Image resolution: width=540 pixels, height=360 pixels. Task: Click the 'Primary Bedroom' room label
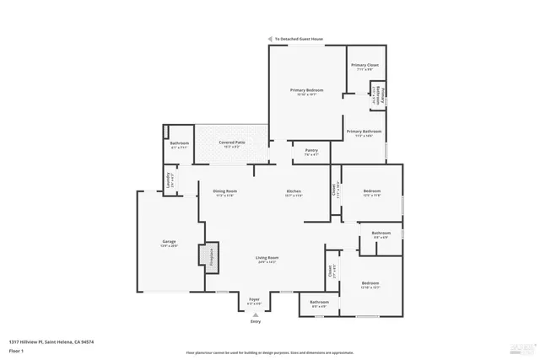(307, 89)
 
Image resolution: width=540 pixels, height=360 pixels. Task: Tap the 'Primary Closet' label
(364, 65)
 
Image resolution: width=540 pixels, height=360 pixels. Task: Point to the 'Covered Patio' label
(232, 142)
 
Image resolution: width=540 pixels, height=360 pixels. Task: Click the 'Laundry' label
(169, 180)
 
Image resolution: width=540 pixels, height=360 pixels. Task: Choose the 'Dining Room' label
(224, 191)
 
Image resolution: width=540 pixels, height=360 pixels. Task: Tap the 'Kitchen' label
(294, 191)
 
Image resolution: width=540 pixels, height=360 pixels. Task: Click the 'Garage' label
(169, 242)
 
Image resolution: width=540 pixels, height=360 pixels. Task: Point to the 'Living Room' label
(267, 258)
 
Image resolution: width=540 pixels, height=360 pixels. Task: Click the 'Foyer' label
(254, 298)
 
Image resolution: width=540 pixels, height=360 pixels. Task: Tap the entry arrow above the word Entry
(256, 314)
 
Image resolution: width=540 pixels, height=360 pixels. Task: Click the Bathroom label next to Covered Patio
(179, 143)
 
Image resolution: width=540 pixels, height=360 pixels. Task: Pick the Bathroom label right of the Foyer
(319, 302)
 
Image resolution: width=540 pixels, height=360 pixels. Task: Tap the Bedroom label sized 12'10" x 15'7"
(370, 283)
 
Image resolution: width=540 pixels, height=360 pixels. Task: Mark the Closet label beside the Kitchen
(335, 191)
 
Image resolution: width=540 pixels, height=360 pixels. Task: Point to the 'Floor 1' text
(16, 350)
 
